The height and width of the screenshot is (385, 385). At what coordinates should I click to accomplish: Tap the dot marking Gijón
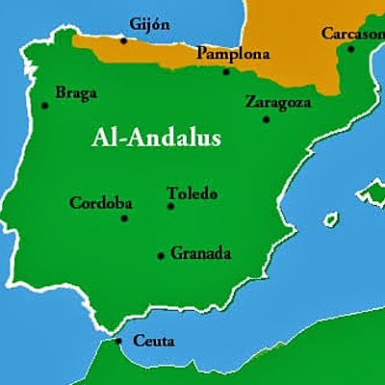[x=123, y=41]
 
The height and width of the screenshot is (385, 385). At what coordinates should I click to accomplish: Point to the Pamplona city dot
[x=227, y=70]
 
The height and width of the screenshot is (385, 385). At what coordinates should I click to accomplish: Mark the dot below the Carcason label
[x=350, y=49]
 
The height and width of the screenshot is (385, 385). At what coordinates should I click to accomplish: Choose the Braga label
[x=76, y=93]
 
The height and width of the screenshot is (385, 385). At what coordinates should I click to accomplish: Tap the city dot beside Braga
[x=45, y=105]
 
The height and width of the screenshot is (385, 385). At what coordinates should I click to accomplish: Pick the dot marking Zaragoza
[x=267, y=119]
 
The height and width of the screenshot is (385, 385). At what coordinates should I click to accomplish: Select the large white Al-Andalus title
[x=156, y=139]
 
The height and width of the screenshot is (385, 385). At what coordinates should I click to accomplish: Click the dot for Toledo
[x=170, y=206]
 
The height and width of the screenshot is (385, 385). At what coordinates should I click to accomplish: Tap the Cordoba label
[x=101, y=203]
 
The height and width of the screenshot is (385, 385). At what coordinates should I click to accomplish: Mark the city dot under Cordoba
[x=124, y=218]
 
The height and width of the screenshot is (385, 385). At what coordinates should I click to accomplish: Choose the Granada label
[x=201, y=254]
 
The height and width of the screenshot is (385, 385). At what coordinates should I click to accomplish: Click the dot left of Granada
[x=161, y=256]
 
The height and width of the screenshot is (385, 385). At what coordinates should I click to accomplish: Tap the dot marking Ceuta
[x=118, y=340]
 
